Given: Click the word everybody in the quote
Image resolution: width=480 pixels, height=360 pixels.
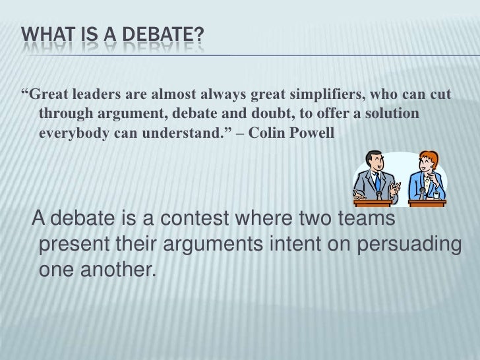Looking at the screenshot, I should [x=72, y=133].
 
